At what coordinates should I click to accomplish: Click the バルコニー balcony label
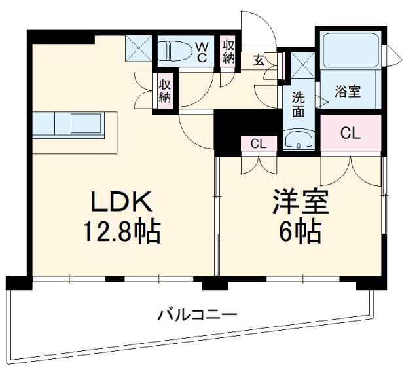196,315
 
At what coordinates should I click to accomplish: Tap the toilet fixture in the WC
175,50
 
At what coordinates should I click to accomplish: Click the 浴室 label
348,92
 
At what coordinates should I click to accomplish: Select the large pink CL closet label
350,134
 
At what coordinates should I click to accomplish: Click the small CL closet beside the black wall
258,143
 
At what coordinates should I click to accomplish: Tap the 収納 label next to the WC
228,51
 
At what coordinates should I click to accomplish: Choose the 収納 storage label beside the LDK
164,89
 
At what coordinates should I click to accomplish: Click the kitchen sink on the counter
85,122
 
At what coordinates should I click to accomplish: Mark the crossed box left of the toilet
138,46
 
